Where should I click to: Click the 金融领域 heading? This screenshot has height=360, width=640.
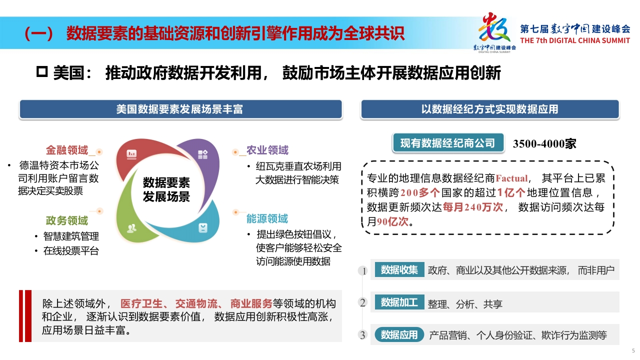click(x=67, y=150)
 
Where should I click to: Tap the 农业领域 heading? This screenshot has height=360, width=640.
click(x=267, y=150)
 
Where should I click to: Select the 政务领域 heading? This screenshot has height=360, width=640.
click(x=67, y=220)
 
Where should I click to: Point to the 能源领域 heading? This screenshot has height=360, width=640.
click(x=267, y=218)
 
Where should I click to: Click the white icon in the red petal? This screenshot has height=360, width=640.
click(x=131, y=154)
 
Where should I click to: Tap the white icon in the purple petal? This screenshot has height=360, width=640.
click(x=203, y=154)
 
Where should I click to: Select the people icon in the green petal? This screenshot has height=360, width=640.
click(x=131, y=228)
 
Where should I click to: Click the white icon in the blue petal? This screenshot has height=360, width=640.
click(x=203, y=228)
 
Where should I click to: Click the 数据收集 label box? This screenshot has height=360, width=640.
click(x=399, y=269)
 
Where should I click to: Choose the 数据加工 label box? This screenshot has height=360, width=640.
click(x=399, y=302)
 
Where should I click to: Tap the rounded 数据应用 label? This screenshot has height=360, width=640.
click(x=399, y=334)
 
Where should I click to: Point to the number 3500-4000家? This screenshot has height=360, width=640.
click(x=544, y=143)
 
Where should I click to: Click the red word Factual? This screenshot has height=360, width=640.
click(x=511, y=178)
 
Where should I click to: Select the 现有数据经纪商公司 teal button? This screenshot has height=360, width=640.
click(x=448, y=143)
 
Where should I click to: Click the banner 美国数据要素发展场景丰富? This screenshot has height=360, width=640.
click(x=180, y=109)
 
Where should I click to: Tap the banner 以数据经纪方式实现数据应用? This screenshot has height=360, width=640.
click(x=490, y=109)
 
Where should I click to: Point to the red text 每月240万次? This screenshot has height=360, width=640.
click(x=473, y=207)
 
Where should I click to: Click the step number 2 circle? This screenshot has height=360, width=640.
click(x=363, y=302)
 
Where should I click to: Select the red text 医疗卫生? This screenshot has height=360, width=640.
click(x=141, y=303)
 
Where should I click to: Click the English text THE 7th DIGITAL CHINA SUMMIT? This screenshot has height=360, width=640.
click(x=575, y=40)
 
